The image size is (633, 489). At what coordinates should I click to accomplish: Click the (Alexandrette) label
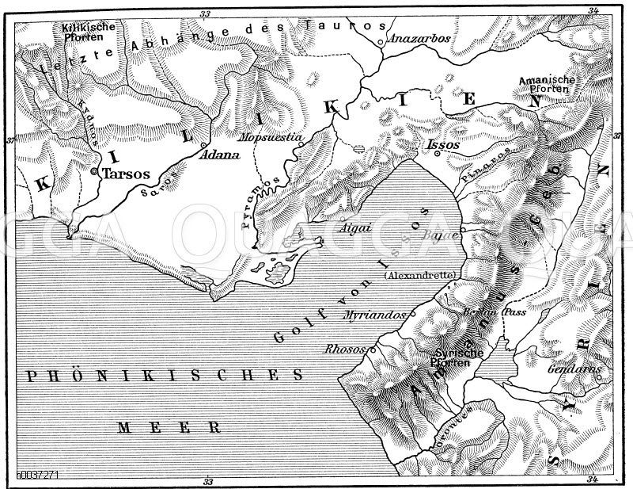pyautogui.click(x=420, y=275)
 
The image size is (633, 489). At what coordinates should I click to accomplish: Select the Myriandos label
pyautogui.click(x=367, y=315)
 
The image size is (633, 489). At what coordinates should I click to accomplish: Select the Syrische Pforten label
pyautogui.click(x=451, y=357)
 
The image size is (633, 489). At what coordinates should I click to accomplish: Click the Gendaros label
pyautogui.click(x=574, y=369)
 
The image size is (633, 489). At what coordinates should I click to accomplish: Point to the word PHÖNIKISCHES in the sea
pyautogui.click(x=162, y=373)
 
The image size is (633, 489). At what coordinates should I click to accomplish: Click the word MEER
pyautogui.click(x=167, y=426)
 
